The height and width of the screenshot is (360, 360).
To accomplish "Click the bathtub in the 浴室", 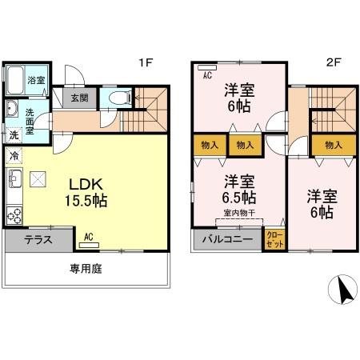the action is click(x=15, y=80).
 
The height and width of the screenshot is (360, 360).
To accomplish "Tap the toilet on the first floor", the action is click(x=120, y=98).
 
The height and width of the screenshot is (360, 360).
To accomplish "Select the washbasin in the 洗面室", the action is click(x=12, y=109).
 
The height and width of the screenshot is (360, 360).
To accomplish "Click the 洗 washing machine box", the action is click(x=14, y=135).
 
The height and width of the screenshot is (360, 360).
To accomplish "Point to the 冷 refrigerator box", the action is click(x=14, y=155).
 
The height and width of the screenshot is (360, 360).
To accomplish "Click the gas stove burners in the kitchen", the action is click(x=14, y=215).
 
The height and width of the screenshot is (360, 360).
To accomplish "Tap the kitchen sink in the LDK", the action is click(x=14, y=178).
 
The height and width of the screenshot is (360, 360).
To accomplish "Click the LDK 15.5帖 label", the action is click(x=86, y=192).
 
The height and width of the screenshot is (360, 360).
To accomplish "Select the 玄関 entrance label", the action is click(x=79, y=98).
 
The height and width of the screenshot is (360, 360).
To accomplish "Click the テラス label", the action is click(x=38, y=240).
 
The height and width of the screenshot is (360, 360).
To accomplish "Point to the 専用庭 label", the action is click(x=86, y=269).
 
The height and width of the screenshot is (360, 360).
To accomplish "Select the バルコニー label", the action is click(x=227, y=239).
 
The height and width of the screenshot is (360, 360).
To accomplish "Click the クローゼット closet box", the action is click(x=274, y=239).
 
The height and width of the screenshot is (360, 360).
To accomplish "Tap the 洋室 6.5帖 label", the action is click(x=239, y=190).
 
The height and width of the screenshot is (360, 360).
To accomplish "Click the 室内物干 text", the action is click(x=239, y=213).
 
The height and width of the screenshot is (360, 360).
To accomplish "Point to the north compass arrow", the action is click(x=342, y=290).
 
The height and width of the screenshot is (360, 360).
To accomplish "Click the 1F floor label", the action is click(x=146, y=62).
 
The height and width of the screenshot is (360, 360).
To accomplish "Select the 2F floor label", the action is click(x=334, y=62).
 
